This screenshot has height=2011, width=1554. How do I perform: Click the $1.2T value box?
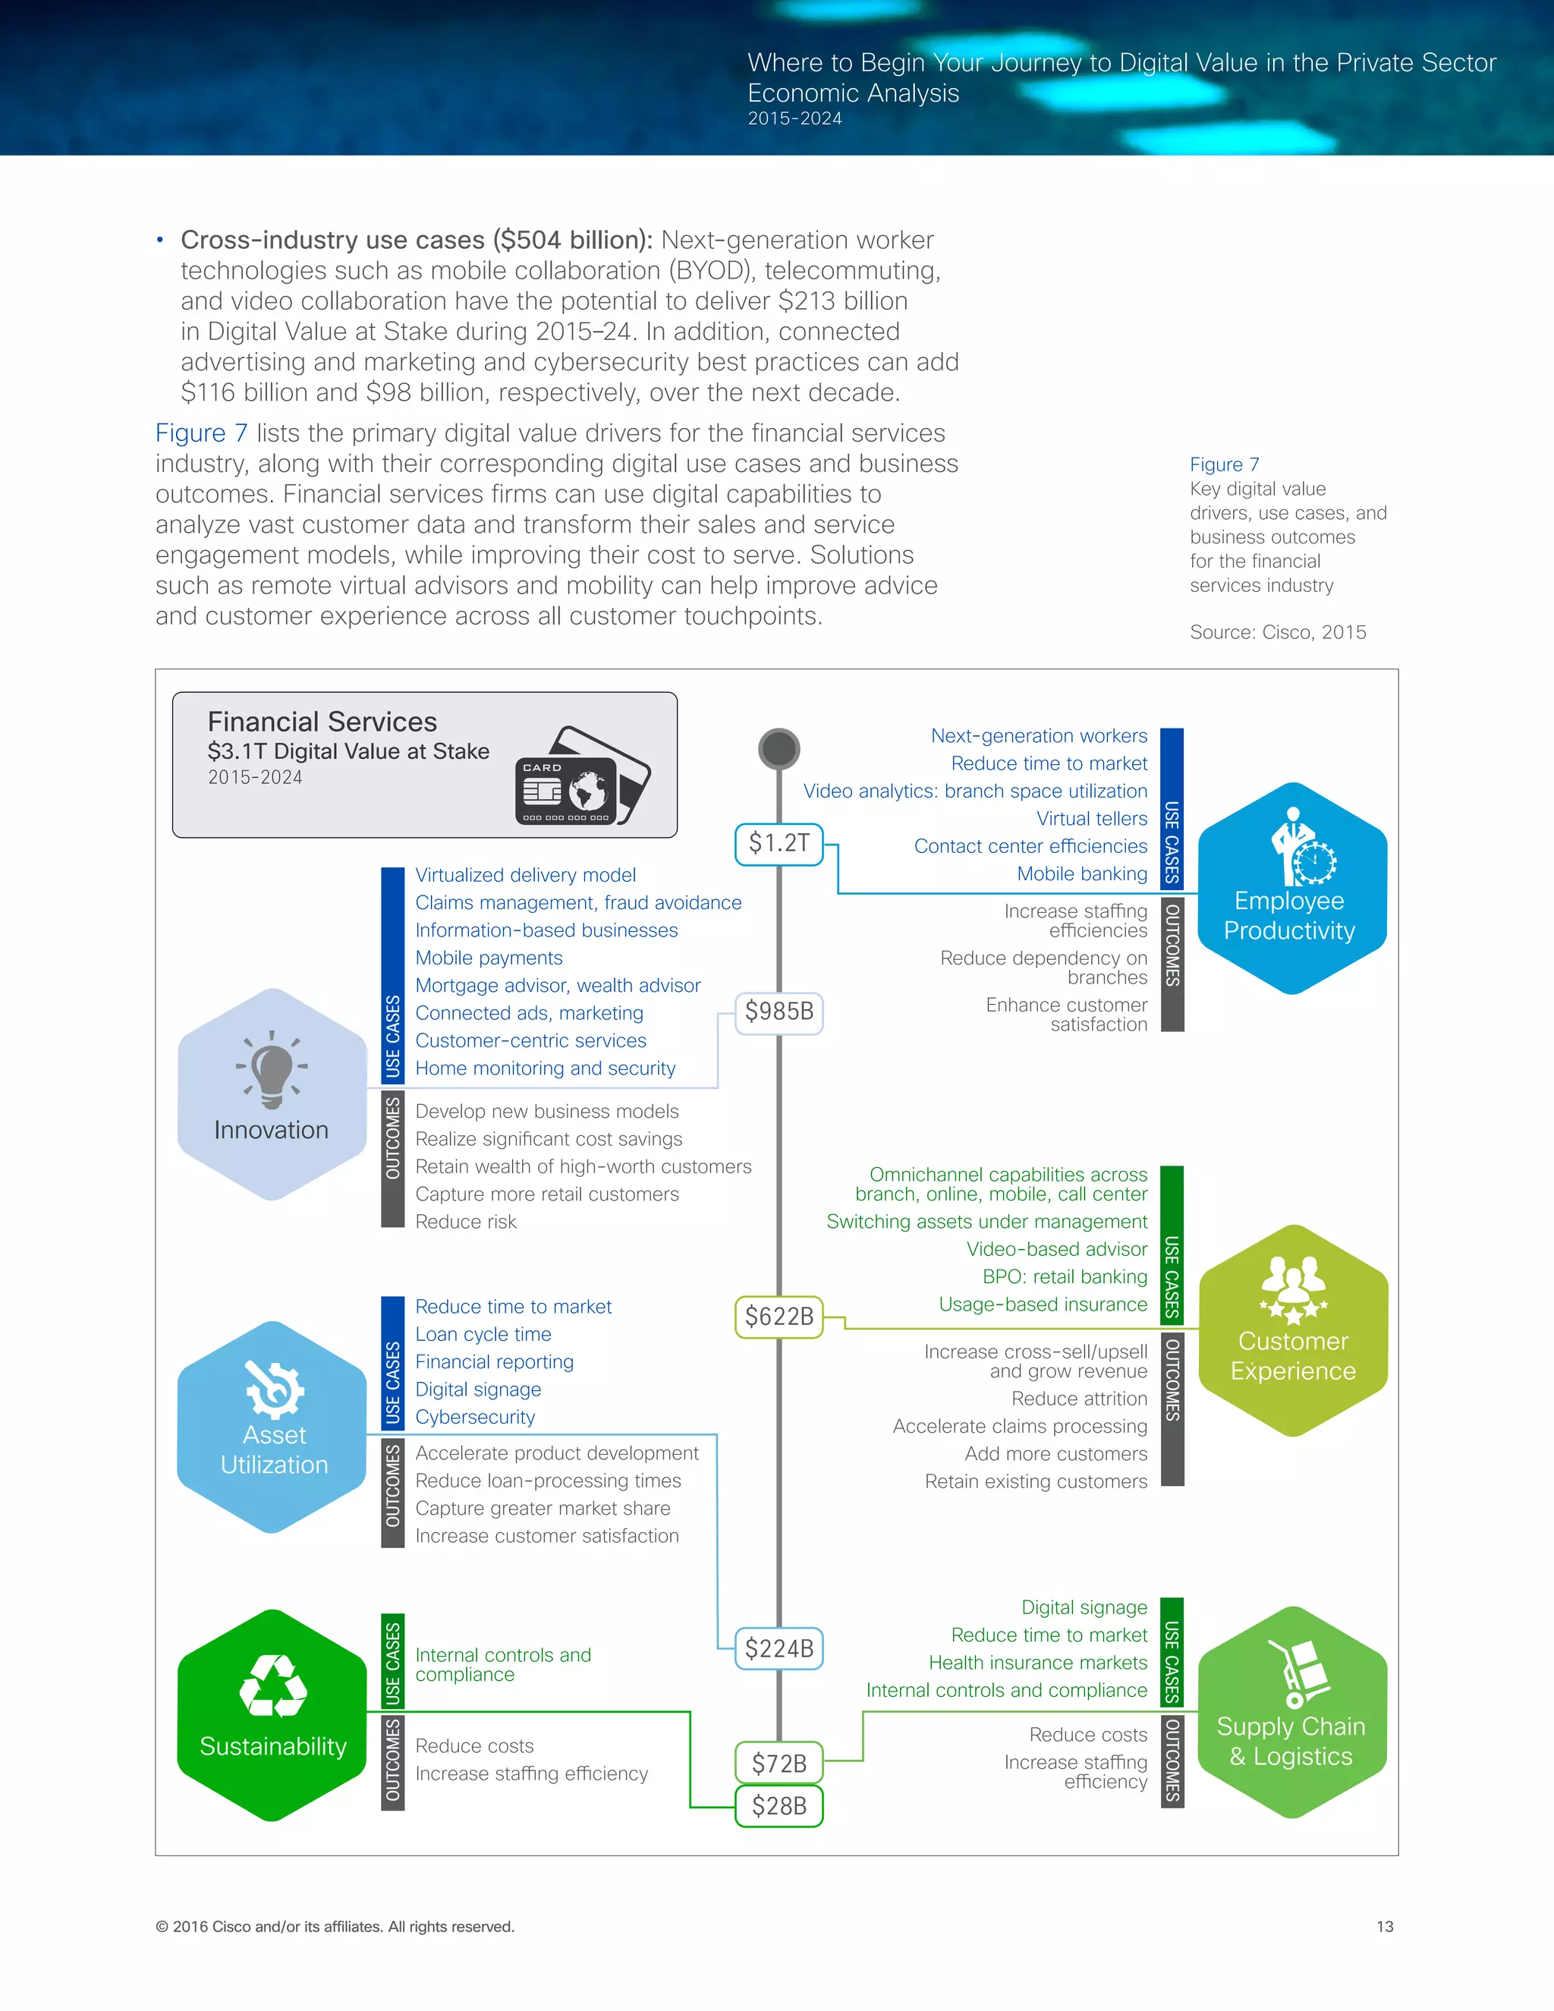[778, 843]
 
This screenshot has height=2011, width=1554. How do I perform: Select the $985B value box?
[778, 1012]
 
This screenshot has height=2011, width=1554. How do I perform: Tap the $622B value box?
[778, 1317]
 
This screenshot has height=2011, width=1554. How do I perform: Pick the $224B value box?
[778, 1648]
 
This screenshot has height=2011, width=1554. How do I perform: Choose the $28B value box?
[778, 1805]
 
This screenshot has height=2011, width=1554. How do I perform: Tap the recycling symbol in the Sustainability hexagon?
[272, 1687]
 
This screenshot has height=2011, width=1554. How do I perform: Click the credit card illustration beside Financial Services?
[582, 776]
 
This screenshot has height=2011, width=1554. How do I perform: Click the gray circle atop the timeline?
[779, 748]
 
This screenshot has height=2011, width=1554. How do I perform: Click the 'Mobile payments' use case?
[488, 958]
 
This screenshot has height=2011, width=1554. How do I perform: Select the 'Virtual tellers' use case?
[1091, 819]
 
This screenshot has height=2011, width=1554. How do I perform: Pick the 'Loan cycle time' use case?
[483, 1334]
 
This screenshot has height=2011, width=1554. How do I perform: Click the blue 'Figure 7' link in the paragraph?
[200, 433]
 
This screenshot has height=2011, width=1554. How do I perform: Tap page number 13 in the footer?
[1385, 1926]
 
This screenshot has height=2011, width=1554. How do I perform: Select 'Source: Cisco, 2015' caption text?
[1277, 631]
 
